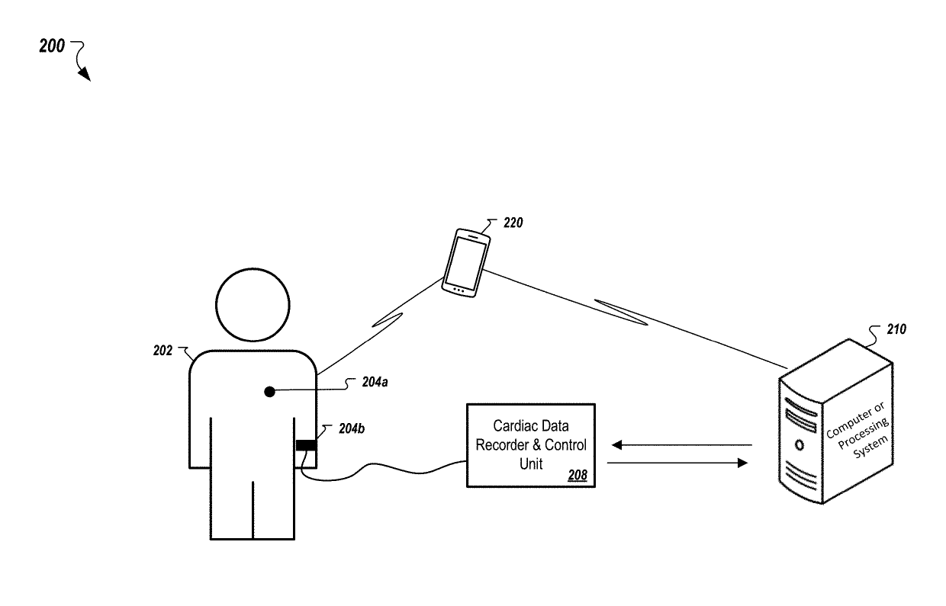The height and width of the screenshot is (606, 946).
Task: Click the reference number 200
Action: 52,46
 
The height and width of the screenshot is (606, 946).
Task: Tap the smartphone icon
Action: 465,261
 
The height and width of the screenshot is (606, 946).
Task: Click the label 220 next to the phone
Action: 513,224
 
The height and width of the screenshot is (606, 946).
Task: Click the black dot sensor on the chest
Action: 269,392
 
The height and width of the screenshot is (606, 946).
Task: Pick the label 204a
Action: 375,383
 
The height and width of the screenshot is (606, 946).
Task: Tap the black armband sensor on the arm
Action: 306,444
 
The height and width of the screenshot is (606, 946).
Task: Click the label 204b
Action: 351,429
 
